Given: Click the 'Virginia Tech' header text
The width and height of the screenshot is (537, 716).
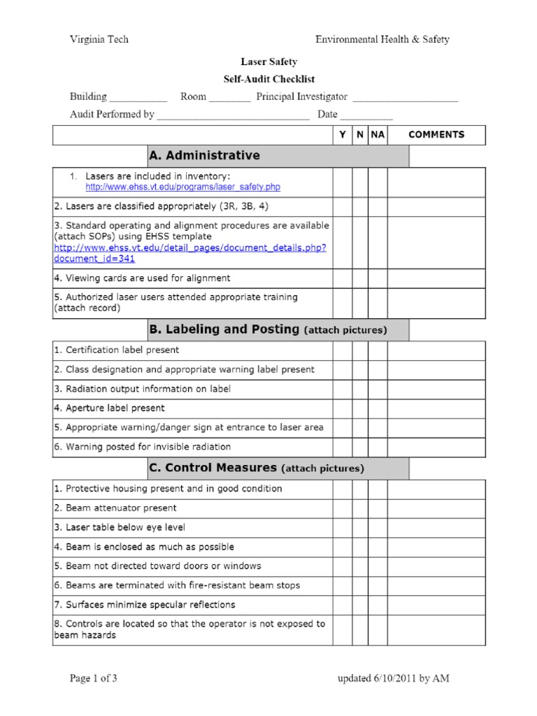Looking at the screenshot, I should pos(99,40).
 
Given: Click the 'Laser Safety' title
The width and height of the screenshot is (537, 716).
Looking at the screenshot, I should pos(269,62).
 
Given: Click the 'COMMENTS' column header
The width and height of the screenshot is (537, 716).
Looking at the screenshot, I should pos(436,135).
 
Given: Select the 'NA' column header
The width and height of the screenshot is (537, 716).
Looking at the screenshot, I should pos(378,135).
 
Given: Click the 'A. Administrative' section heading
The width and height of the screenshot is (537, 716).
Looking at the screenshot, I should pos(203,156).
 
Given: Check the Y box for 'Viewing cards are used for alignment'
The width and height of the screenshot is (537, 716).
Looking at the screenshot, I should pos(342,278).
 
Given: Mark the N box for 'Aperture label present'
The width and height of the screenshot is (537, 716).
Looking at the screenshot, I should pos(359,408).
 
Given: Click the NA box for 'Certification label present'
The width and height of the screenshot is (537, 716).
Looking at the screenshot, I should pos(378,350).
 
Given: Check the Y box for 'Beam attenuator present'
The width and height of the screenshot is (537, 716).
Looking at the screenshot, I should pos(342,508).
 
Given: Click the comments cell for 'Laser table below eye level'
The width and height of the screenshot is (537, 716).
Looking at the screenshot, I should pos(436,528).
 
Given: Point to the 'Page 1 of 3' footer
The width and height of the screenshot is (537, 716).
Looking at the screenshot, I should pos(99,678).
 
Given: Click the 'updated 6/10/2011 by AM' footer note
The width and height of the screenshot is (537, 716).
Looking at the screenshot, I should pos(393,678).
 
